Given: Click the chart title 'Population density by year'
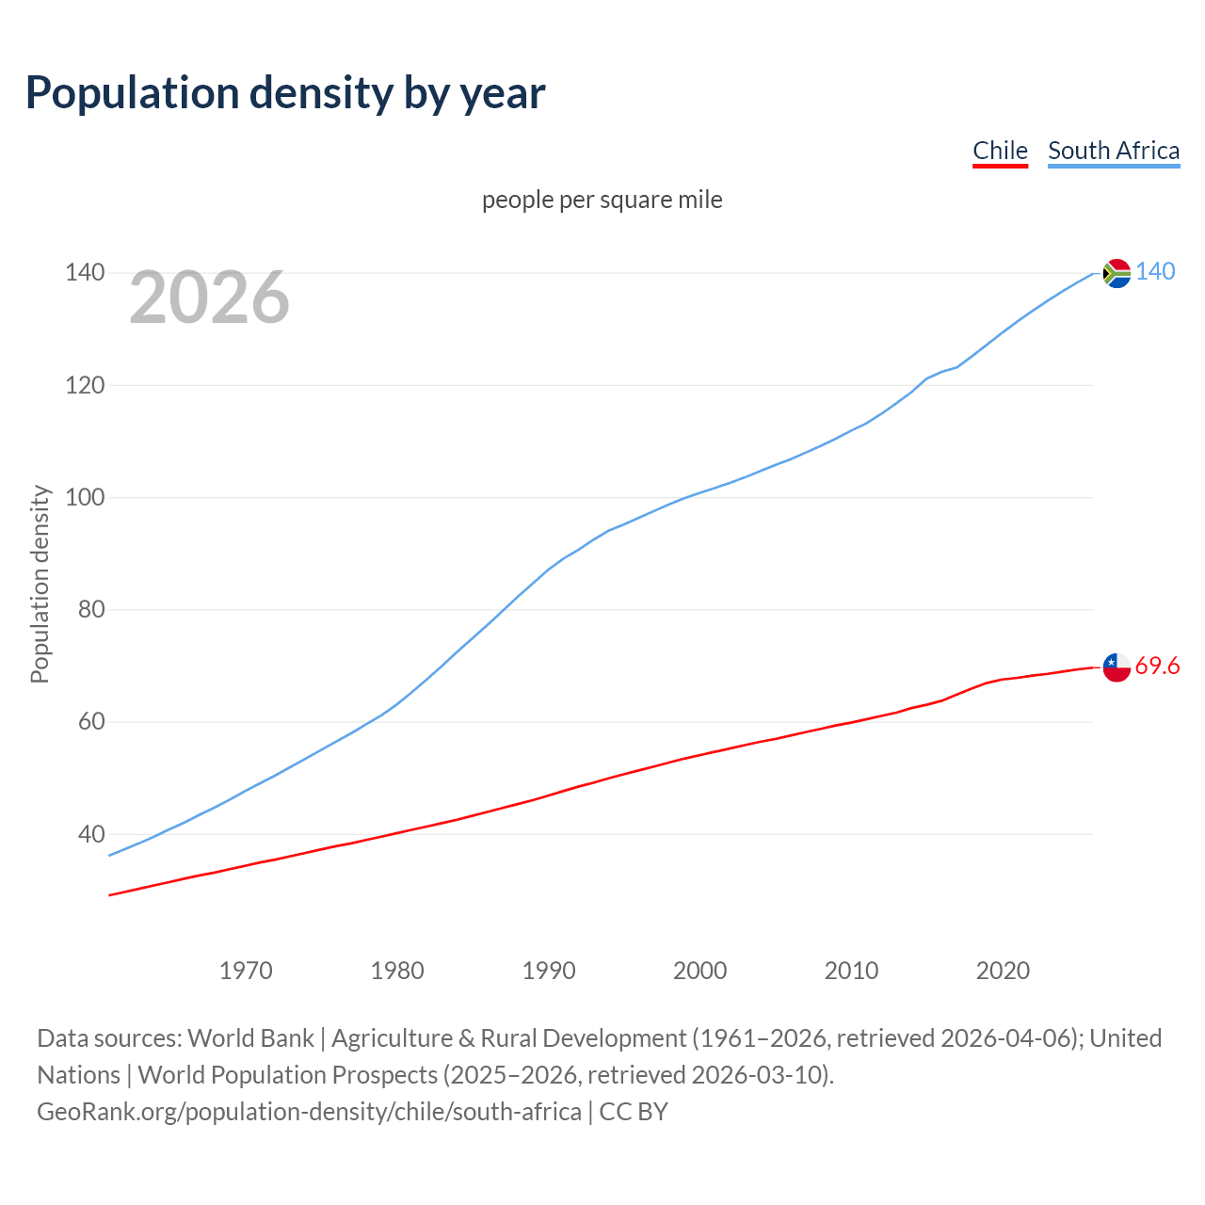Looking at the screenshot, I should tap(285, 93).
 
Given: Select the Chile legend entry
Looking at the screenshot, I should tap(1000, 151).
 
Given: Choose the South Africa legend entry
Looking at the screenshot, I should tap(1113, 151).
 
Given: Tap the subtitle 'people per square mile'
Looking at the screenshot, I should tap(602, 200).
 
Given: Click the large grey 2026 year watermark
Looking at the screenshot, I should tap(209, 297).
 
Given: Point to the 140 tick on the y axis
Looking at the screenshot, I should tap(85, 273).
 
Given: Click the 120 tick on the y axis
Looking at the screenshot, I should tap(85, 385).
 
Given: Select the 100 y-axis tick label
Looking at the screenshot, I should tap(85, 497).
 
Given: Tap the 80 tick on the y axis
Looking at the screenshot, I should tap(91, 609).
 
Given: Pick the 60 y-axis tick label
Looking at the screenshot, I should tap(91, 722).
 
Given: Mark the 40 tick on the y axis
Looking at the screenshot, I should tap(91, 834).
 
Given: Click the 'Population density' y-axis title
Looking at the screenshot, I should tap(40, 584).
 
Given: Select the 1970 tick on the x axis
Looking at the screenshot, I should tap(246, 971).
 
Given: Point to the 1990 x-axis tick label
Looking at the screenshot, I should tap(549, 971).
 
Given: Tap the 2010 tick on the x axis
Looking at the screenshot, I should tap(851, 971).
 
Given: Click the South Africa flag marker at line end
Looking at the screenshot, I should tap(1117, 273).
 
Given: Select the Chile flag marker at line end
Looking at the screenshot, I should tap(1117, 667).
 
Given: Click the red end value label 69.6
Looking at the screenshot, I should tap(1157, 667).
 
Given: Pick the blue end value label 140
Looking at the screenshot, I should tap(1155, 272).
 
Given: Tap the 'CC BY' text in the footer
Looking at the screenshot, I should tap(634, 1112).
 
